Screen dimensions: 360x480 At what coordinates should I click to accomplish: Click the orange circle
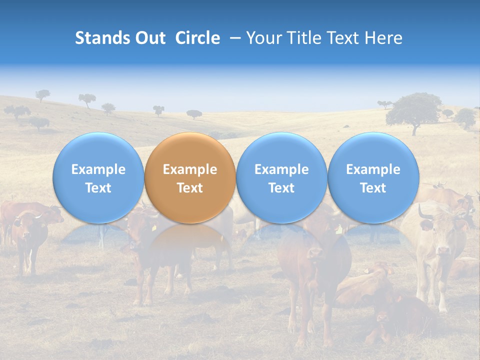tap(190, 178)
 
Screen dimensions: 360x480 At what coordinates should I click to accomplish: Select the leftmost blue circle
tap(98, 178)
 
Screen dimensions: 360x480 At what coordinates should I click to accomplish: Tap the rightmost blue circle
tap(373, 178)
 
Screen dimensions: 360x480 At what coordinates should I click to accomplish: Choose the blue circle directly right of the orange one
tap(281, 178)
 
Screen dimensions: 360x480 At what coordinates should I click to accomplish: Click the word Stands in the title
tap(102, 38)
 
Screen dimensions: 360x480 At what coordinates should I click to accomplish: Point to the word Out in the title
tap(150, 38)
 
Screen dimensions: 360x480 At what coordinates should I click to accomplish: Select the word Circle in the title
tap(197, 38)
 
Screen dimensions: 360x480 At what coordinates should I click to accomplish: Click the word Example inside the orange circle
tap(190, 169)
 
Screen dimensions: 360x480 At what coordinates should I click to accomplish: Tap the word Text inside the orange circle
tap(190, 188)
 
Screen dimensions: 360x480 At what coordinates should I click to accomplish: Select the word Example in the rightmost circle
tap(373, 169)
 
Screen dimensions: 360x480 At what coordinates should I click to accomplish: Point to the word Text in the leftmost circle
tap(98, 188)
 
